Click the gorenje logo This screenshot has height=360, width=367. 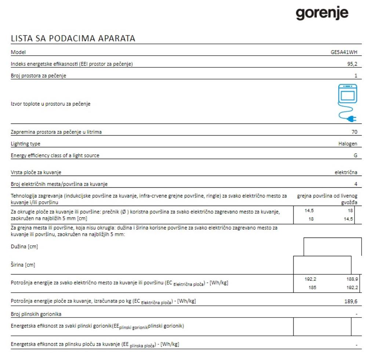click(x=322, y=14)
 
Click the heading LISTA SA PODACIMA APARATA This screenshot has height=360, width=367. click(x=73, y=38)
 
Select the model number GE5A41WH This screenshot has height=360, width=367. click(x=344, y=52)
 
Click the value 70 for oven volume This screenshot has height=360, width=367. click(x=354, y=132)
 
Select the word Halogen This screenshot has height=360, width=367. click(x=348, y=144)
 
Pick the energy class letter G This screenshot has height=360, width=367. click(x=355, y=155)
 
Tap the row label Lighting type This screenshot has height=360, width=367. click(x=25, y=144)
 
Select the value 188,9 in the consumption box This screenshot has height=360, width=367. click(x=352, y=279)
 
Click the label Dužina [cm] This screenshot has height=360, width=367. click(x=24, y=247)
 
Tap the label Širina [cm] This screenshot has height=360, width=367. click(x=23, y=265)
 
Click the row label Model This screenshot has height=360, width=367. click(x=18, y=52)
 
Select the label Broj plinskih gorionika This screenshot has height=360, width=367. click(x=36, y=314)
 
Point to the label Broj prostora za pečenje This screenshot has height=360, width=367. click(x=39, y=76)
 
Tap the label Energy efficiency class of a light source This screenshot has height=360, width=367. click(x=55, y=155)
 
